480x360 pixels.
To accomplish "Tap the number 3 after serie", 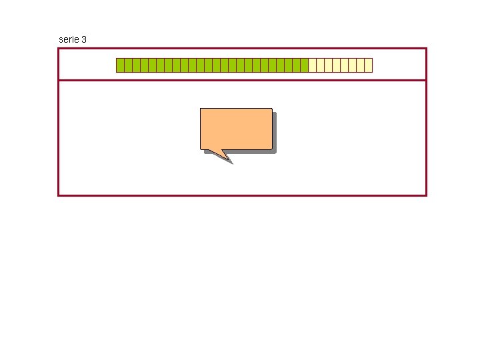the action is (x=83, y=40).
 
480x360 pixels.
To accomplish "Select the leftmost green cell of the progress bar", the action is (x=120, y=65).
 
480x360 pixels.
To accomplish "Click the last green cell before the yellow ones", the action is (x=304, y=65).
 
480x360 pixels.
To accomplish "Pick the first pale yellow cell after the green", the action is (x=312, y=65).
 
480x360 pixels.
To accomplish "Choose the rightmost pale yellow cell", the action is (x=368, y=65).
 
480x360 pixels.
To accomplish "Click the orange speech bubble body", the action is (x=236, y=128).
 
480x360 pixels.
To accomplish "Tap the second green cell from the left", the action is (x=128, y=65).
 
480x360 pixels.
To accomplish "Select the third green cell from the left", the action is (x=136, y=65).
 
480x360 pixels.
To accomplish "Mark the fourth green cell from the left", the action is (x=144, y=65).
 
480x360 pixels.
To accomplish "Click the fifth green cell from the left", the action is (x=152, y=65).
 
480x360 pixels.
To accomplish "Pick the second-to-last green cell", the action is (x=296, y=65).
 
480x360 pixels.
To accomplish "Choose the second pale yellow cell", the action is (x=320, y=65).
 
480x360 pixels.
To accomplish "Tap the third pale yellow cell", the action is (x=328, y=65).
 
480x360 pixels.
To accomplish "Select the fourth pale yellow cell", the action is (x=336, y=65).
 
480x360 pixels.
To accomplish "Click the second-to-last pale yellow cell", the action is (x=360, y=65).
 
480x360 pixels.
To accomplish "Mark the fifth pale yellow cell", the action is (x=344, y=65).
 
